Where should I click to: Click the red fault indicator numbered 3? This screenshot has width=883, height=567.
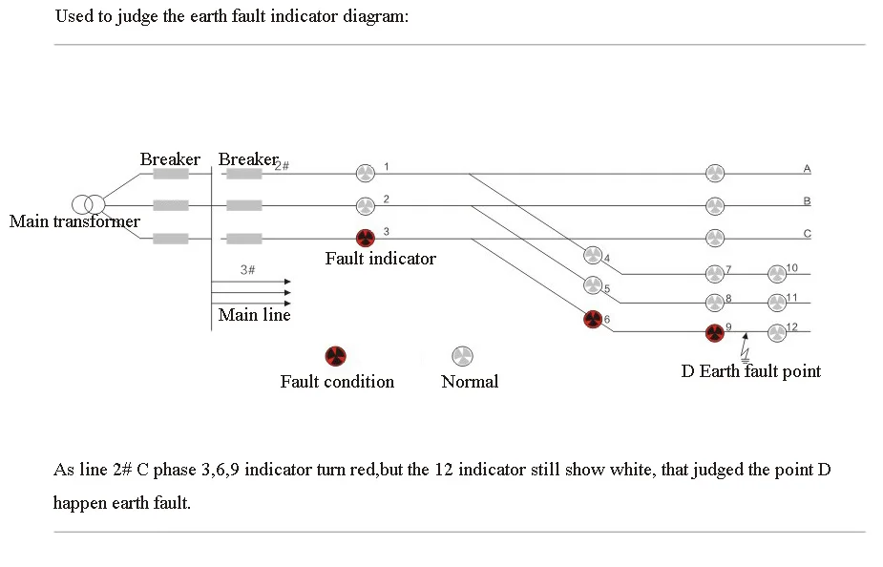(x=365, y=238)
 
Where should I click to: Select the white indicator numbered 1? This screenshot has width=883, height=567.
(x=365, y=173)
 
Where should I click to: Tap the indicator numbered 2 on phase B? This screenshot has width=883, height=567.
(x=365, y=205)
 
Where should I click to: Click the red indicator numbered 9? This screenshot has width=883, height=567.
(x=715, y=332)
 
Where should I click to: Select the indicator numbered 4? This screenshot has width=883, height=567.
(x=593, y=255)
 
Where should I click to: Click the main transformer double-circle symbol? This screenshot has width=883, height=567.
(x=89, y=204)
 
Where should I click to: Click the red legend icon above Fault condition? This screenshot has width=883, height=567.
(x=335, y=356)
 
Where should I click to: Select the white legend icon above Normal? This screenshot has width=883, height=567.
(x=462, y=356)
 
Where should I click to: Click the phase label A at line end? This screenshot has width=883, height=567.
(x=807, y=169)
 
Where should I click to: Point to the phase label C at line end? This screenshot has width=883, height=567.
(x=807, y=233)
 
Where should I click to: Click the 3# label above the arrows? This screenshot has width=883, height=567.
(x=247, y=270)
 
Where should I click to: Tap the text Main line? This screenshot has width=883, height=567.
(x=254, y=315)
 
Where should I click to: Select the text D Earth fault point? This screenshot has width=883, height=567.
(x=750, y=371)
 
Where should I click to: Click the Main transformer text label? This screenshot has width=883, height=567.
(x=74, y=222)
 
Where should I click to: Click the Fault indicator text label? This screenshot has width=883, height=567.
(x=380, y=259)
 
